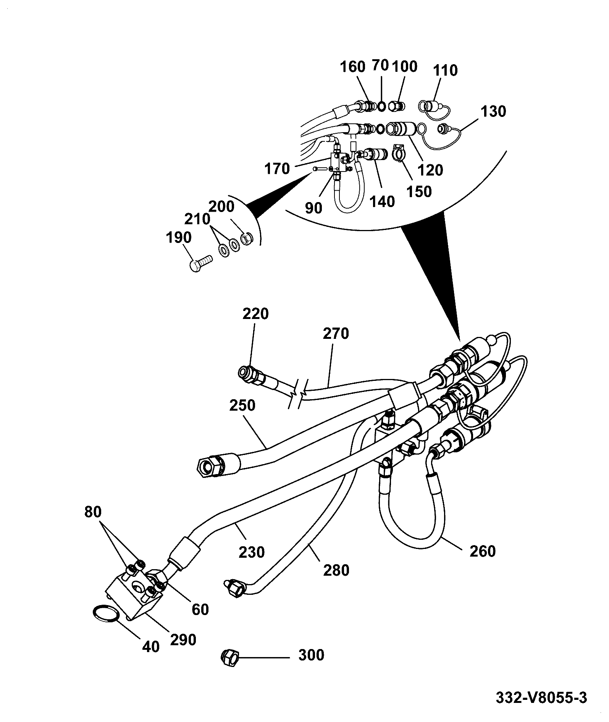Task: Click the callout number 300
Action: (311, 656)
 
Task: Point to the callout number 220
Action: (255, 314)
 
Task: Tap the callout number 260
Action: (483, 551)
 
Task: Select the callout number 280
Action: (336, 570)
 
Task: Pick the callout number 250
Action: (242, 405)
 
